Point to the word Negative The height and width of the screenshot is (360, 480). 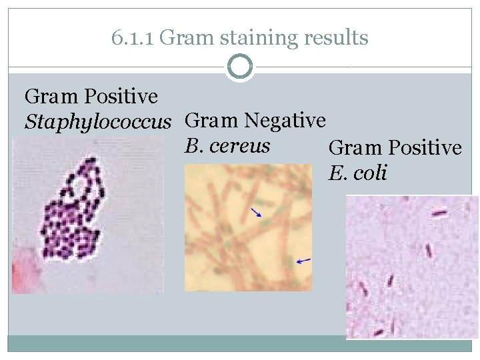tap(285, 121)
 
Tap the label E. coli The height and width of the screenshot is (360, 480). tap(357, 173)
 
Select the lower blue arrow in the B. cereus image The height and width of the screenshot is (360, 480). tap(303, 261)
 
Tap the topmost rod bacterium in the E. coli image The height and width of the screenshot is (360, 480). tap(439, 213)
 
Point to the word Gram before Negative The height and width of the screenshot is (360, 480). tap(211, 121)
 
